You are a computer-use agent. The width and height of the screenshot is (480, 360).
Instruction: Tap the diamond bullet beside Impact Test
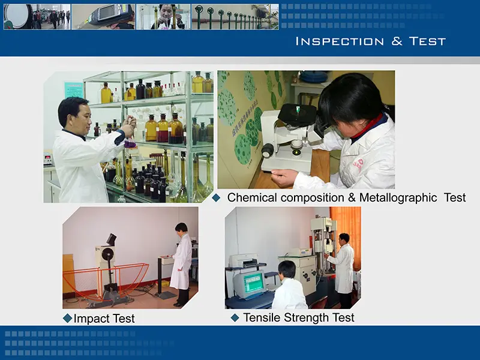tap(67, 318)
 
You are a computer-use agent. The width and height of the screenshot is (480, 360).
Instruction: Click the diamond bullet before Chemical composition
tap(217, 197)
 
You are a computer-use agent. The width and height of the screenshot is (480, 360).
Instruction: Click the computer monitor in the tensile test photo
tap(249, 284)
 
